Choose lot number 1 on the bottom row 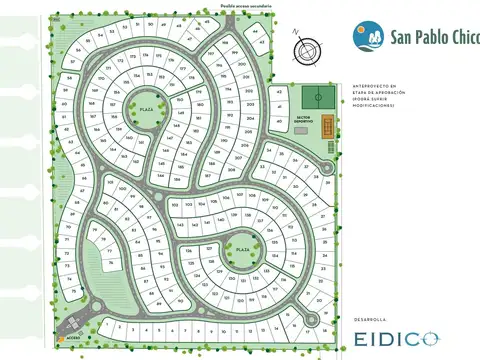click(107, 326)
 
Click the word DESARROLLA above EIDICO click(373, 318)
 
